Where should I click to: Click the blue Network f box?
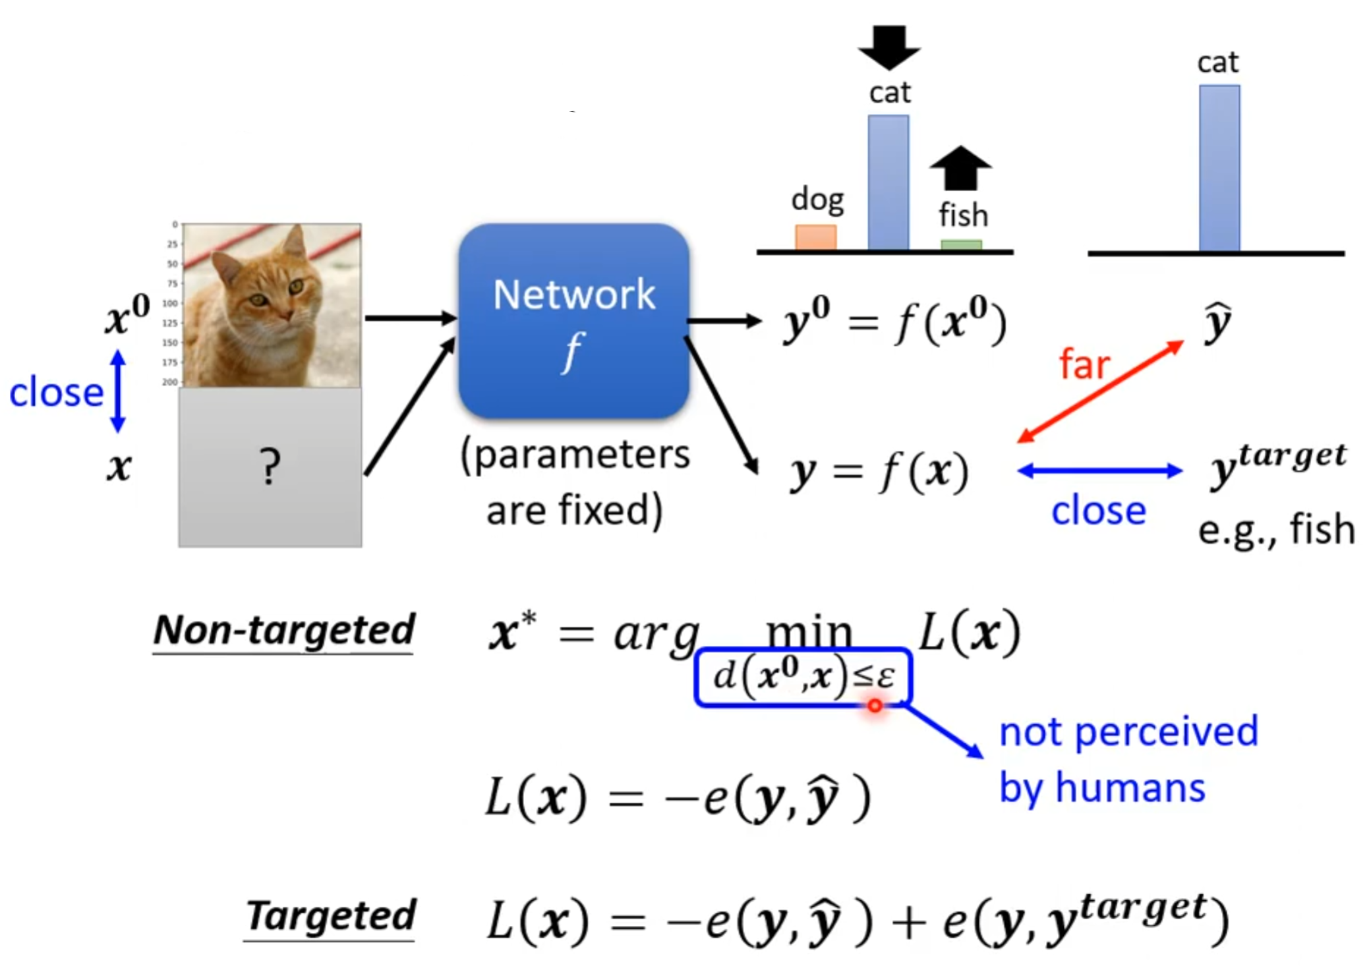[x=573, y=321]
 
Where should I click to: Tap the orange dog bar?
[x=815, y=237]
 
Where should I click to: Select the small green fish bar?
[x=960, y=245]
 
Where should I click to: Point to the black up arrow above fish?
[x=960, y=167]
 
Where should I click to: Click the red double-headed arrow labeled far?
[x=1099, y=391]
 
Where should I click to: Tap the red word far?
[x=1084, y=364]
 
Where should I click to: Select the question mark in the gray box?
[x=270, y=467]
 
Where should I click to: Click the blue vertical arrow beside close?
[x=118, y=391]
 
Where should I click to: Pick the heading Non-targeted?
[x=283, y=630]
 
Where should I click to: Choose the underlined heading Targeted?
[x=330, y=916]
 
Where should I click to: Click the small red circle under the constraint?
[x=875, y=706]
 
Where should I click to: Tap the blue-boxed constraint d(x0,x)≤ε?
[x=803, y=677]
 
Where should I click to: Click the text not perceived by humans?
[x=1128, y=759]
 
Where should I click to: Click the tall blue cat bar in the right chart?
[x=1219, y=168]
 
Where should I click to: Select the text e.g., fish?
[x=1275, y=529]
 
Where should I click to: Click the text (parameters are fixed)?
[x=575, y=482]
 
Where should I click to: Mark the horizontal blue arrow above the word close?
[x=1099, y=470]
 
